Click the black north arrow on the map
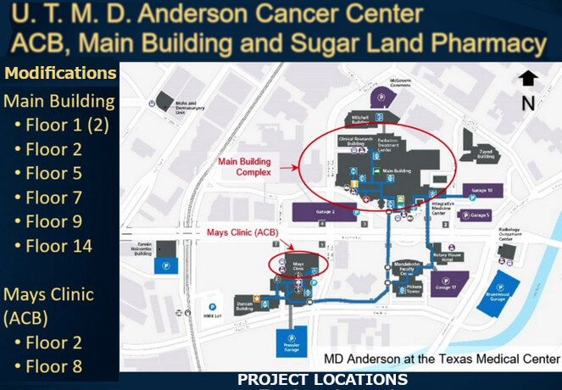point(528,79)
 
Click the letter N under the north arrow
point(528,103)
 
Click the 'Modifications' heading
point(60,74)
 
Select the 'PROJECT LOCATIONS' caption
point(322,379)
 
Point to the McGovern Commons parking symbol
point(381,98)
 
